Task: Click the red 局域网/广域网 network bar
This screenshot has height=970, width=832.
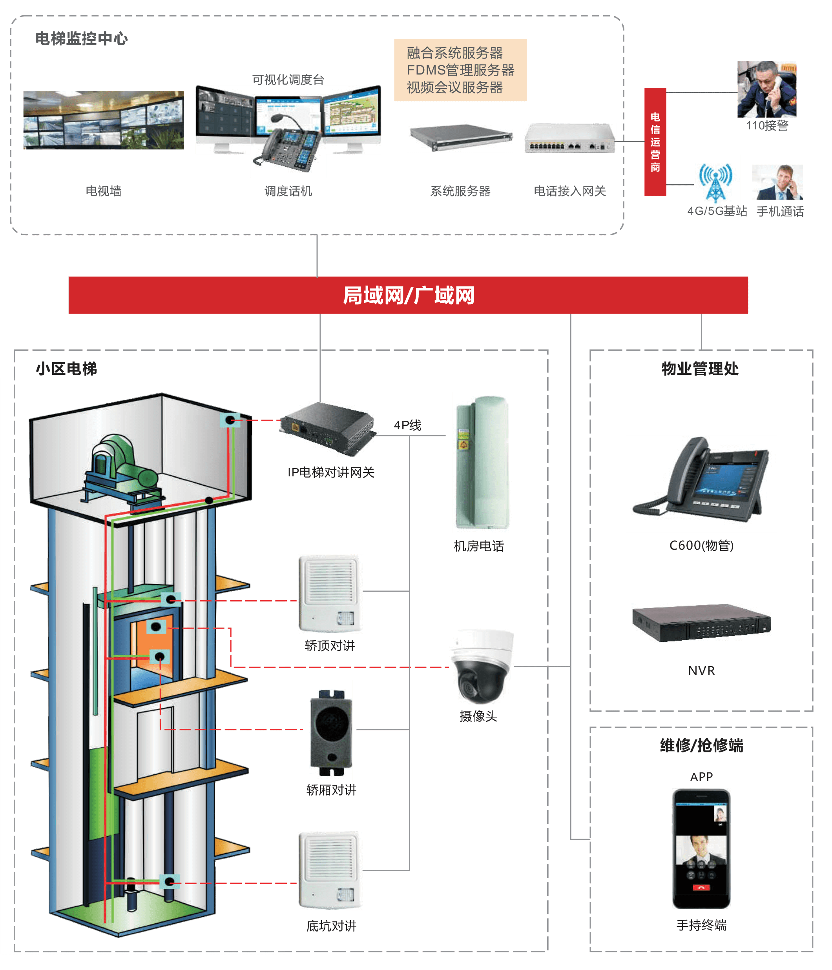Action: point(408,295)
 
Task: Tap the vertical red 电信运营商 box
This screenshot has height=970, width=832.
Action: point(655,142)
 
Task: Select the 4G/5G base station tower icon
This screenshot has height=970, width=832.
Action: point(717,180)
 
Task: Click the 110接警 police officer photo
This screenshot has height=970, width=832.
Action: point(766,89)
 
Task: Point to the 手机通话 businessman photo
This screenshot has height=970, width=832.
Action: point(777,182)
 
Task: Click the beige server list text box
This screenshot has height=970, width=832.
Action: point(460,70)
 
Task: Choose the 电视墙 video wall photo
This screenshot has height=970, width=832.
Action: point(103,120)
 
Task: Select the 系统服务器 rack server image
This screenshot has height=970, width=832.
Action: point(460,136)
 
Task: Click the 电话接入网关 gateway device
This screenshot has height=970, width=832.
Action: point(569,138)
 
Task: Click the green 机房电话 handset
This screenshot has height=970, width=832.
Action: point(482,462)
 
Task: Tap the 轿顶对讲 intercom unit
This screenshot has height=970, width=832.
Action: point(330,594)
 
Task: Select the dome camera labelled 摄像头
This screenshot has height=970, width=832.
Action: point(481,666)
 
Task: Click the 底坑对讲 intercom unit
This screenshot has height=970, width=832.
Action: point(330,870)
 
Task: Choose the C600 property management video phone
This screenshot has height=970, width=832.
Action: point(701,483)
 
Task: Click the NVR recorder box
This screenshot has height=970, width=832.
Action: point(701,623)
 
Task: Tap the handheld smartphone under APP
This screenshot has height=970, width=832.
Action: point(701,849)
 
